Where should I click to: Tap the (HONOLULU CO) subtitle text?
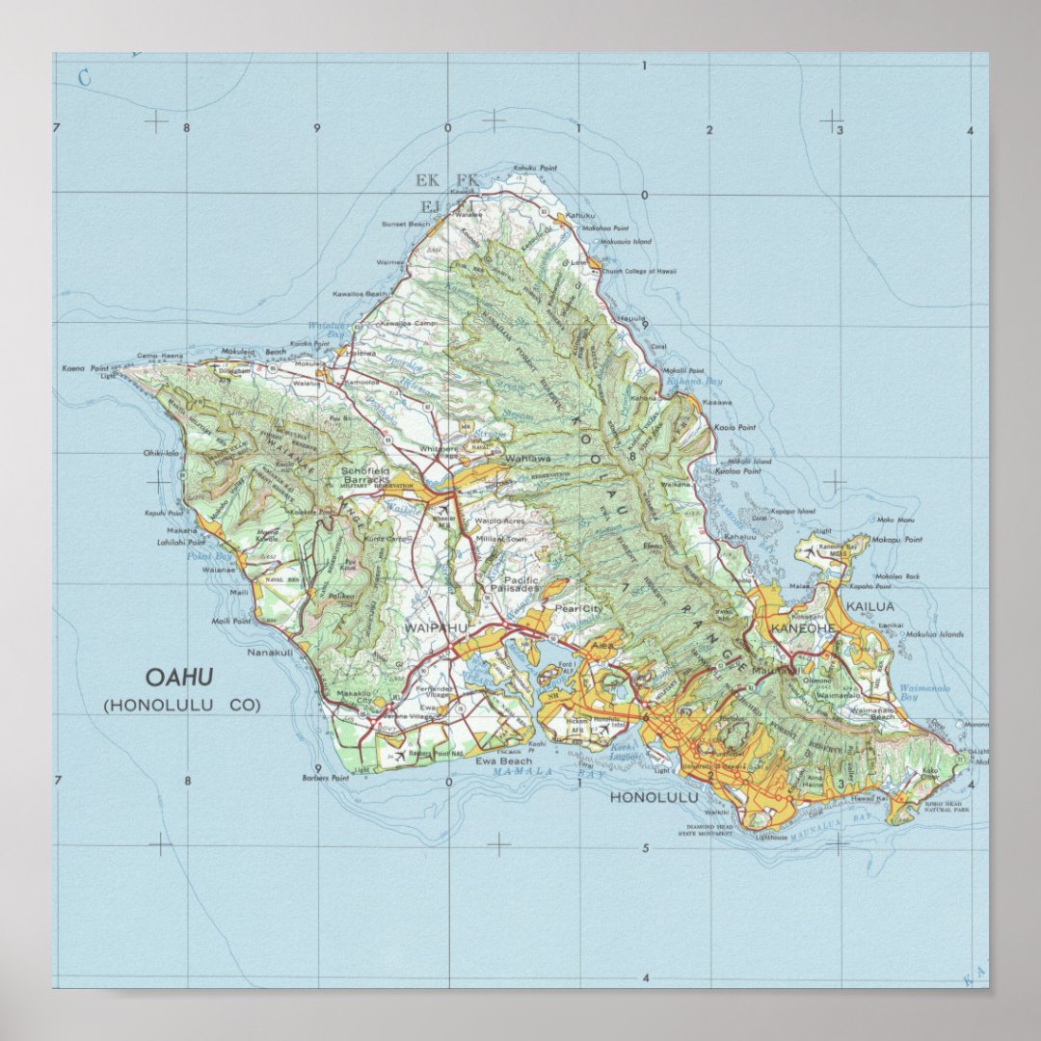pos(182,706)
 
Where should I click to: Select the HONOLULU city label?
pos(654,798)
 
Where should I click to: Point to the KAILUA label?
pos(869,606)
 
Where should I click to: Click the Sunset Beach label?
pos(406,224)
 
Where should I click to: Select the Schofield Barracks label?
pos(365,474)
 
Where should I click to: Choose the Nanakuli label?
pos(269,653)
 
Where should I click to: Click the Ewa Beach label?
pos(503,761)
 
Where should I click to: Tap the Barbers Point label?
pos(325,777)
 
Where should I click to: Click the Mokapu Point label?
pos(898,540)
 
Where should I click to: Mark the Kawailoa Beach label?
pos(360,293)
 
